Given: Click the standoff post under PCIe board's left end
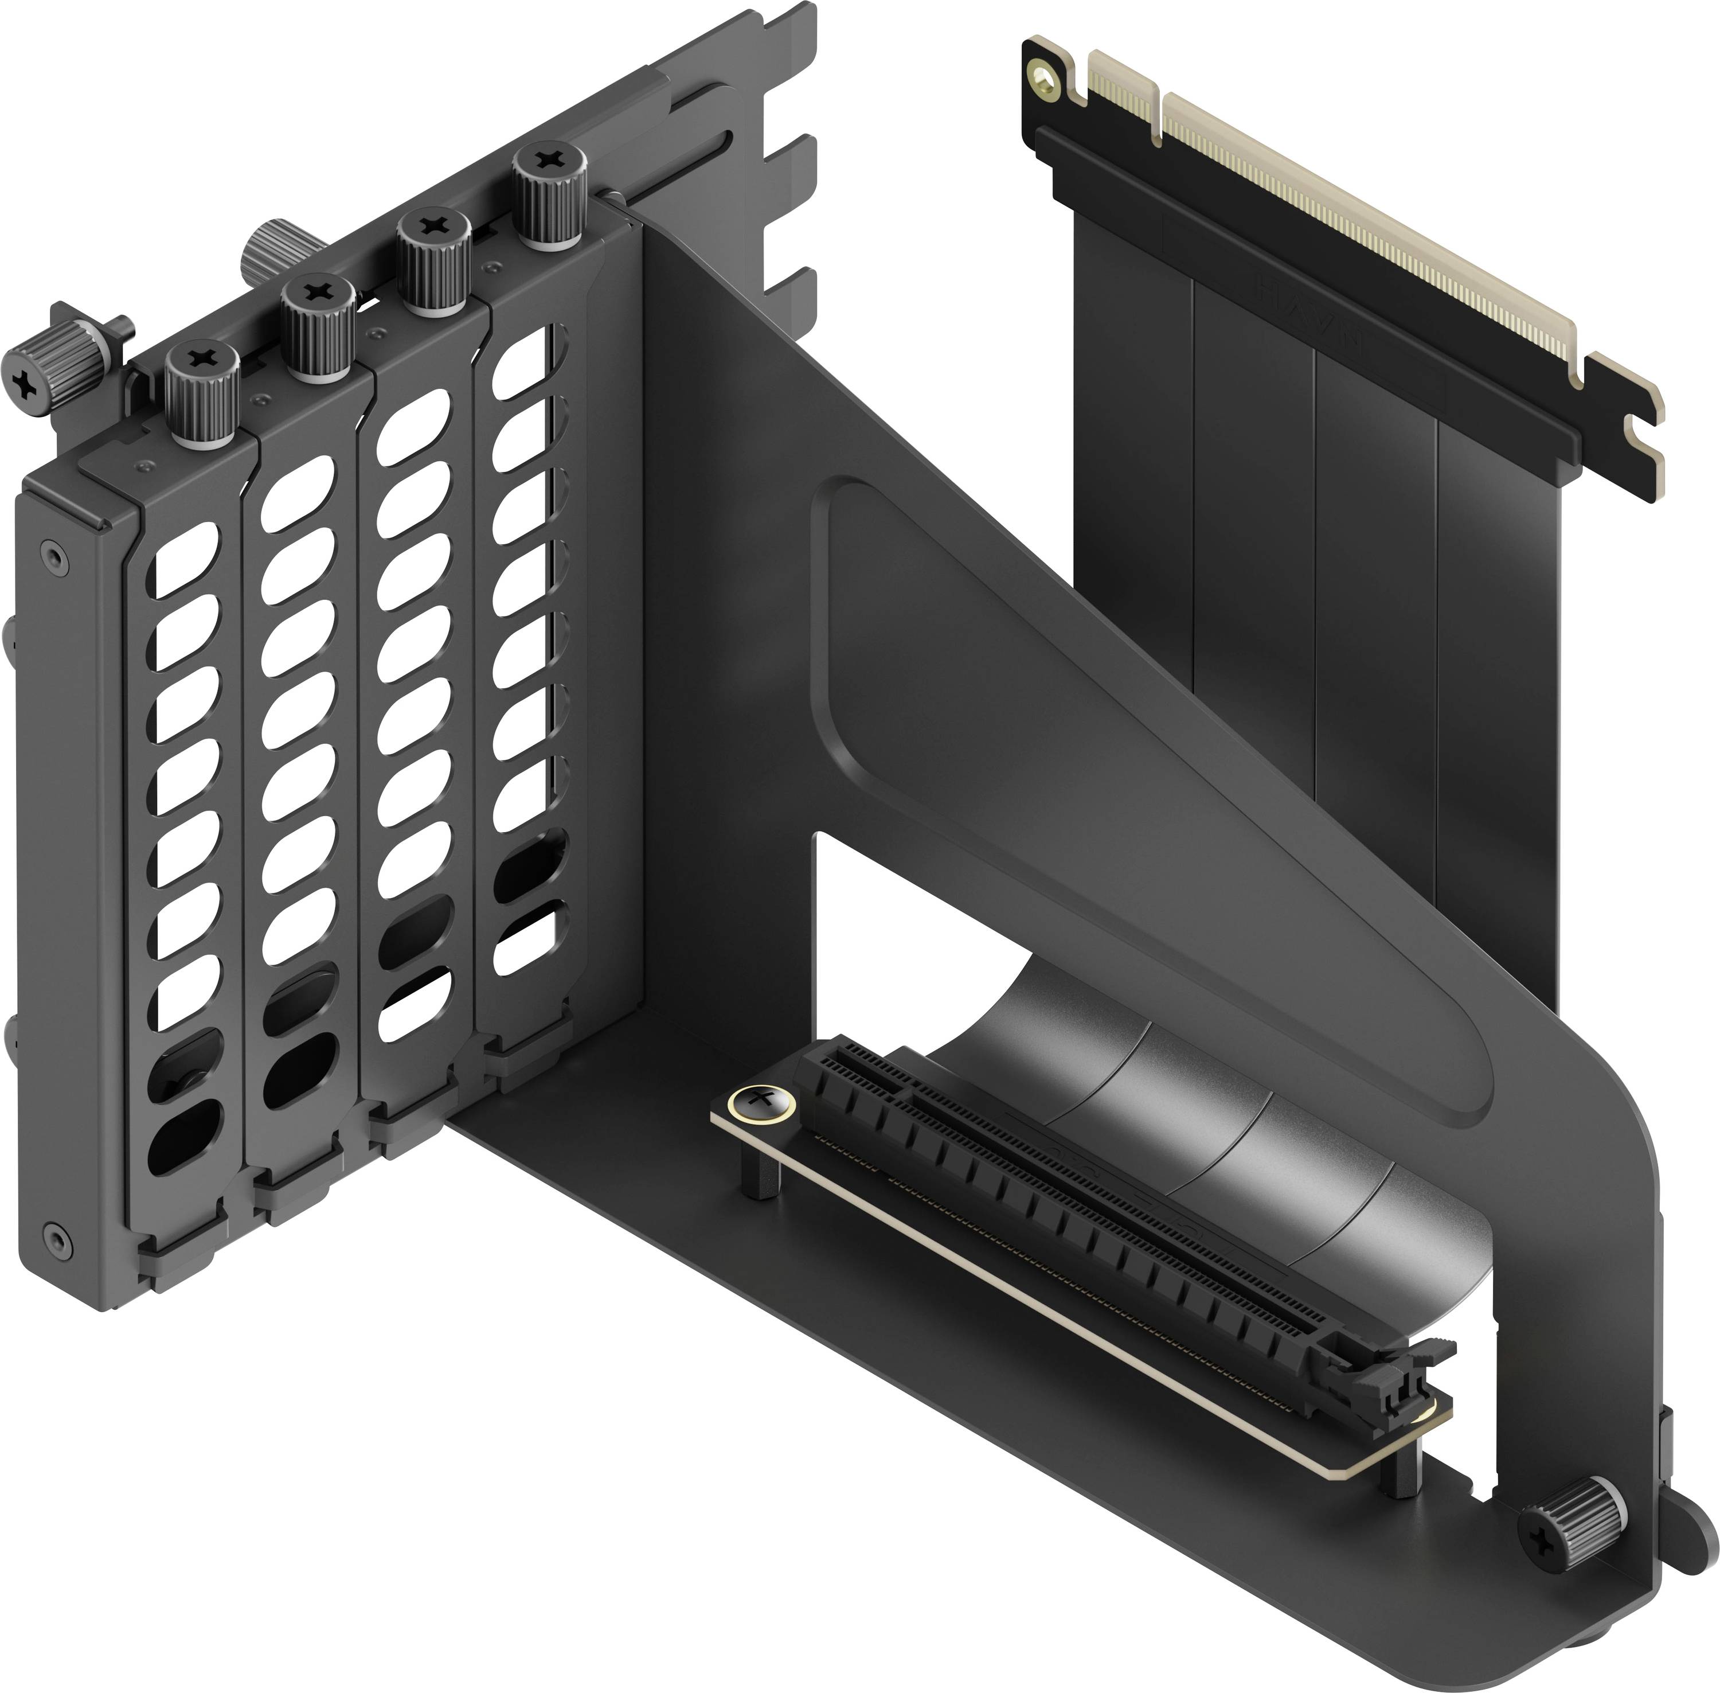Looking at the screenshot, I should tap(761, 1178).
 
